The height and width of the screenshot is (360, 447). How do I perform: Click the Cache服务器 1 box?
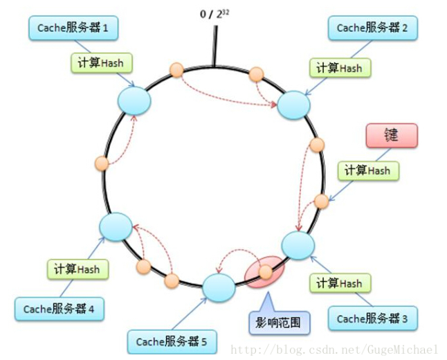coord(73,28)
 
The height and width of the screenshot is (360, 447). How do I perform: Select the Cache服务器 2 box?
coord(372,28)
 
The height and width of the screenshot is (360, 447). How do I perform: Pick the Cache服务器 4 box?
coord(58,309)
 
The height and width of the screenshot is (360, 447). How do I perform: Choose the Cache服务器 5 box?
coord(171,341)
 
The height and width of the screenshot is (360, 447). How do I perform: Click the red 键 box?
coord(392,135)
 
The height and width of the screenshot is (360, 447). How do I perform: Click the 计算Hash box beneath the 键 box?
coord(367,170)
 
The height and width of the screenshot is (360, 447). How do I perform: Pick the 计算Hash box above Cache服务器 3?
coord(339,282)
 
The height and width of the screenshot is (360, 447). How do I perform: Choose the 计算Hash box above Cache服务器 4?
coord(77,268)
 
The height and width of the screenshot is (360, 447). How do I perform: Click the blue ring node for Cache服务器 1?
coord(134,100)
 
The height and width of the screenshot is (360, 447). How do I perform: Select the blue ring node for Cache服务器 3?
coord(299,246)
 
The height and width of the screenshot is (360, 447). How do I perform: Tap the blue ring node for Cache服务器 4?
coord(116,226)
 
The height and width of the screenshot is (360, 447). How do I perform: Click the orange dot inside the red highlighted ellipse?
coord(266,271)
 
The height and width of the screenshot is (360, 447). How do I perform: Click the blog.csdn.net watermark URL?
coord(334,350)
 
